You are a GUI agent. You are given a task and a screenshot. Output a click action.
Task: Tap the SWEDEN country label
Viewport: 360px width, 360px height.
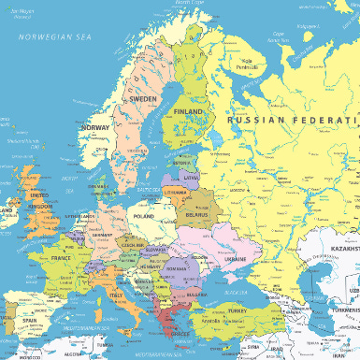(142, 98)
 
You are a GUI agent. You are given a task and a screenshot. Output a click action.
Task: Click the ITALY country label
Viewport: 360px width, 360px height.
(117, 296)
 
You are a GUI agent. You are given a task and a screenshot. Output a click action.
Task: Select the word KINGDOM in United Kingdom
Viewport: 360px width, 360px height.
(41, 206)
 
